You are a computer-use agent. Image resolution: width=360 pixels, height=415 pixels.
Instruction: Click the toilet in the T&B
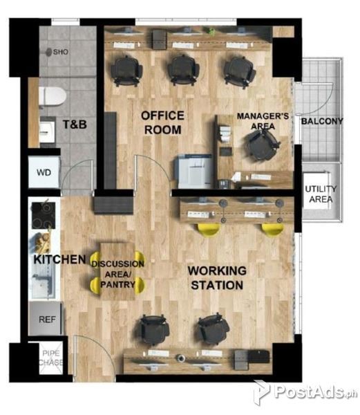coord(53,96)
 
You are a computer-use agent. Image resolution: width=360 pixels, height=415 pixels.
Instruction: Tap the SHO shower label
coord(61,52)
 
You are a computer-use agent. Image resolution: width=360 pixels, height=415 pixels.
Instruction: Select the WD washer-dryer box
coord(44,172)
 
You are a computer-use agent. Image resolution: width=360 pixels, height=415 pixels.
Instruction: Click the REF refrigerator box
coord(46,319)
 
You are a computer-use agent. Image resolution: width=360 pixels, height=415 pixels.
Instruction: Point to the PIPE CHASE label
coord(52,358)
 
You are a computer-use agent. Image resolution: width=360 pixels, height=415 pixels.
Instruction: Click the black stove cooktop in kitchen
coord(44,215)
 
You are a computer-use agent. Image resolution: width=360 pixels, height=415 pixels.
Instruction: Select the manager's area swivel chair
coord(263,145)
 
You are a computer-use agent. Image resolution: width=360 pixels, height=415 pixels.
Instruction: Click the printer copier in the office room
coord(193,172)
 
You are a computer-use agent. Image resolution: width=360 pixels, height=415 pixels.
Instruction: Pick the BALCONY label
coord(322,121)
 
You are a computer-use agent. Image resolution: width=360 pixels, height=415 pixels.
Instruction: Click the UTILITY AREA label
coord(321,194)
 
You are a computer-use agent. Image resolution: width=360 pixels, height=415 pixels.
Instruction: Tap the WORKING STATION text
coord(217,278)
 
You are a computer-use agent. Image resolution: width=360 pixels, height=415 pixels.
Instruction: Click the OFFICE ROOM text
coord(162,123)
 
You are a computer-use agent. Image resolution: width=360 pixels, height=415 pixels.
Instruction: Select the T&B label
coord(75,124)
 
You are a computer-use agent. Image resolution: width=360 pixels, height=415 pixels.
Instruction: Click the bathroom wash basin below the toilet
coord(47,131)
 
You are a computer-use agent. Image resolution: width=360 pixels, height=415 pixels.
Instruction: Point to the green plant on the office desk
coord(211,31)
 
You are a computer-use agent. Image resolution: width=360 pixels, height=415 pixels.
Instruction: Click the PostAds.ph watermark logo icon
coord(261,392)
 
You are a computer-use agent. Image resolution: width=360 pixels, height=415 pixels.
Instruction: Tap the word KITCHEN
coord(59,259)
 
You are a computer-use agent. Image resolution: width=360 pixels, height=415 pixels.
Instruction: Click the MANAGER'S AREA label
coord(263,121)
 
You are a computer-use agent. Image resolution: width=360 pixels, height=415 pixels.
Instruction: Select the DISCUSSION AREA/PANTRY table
coord(117,271)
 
